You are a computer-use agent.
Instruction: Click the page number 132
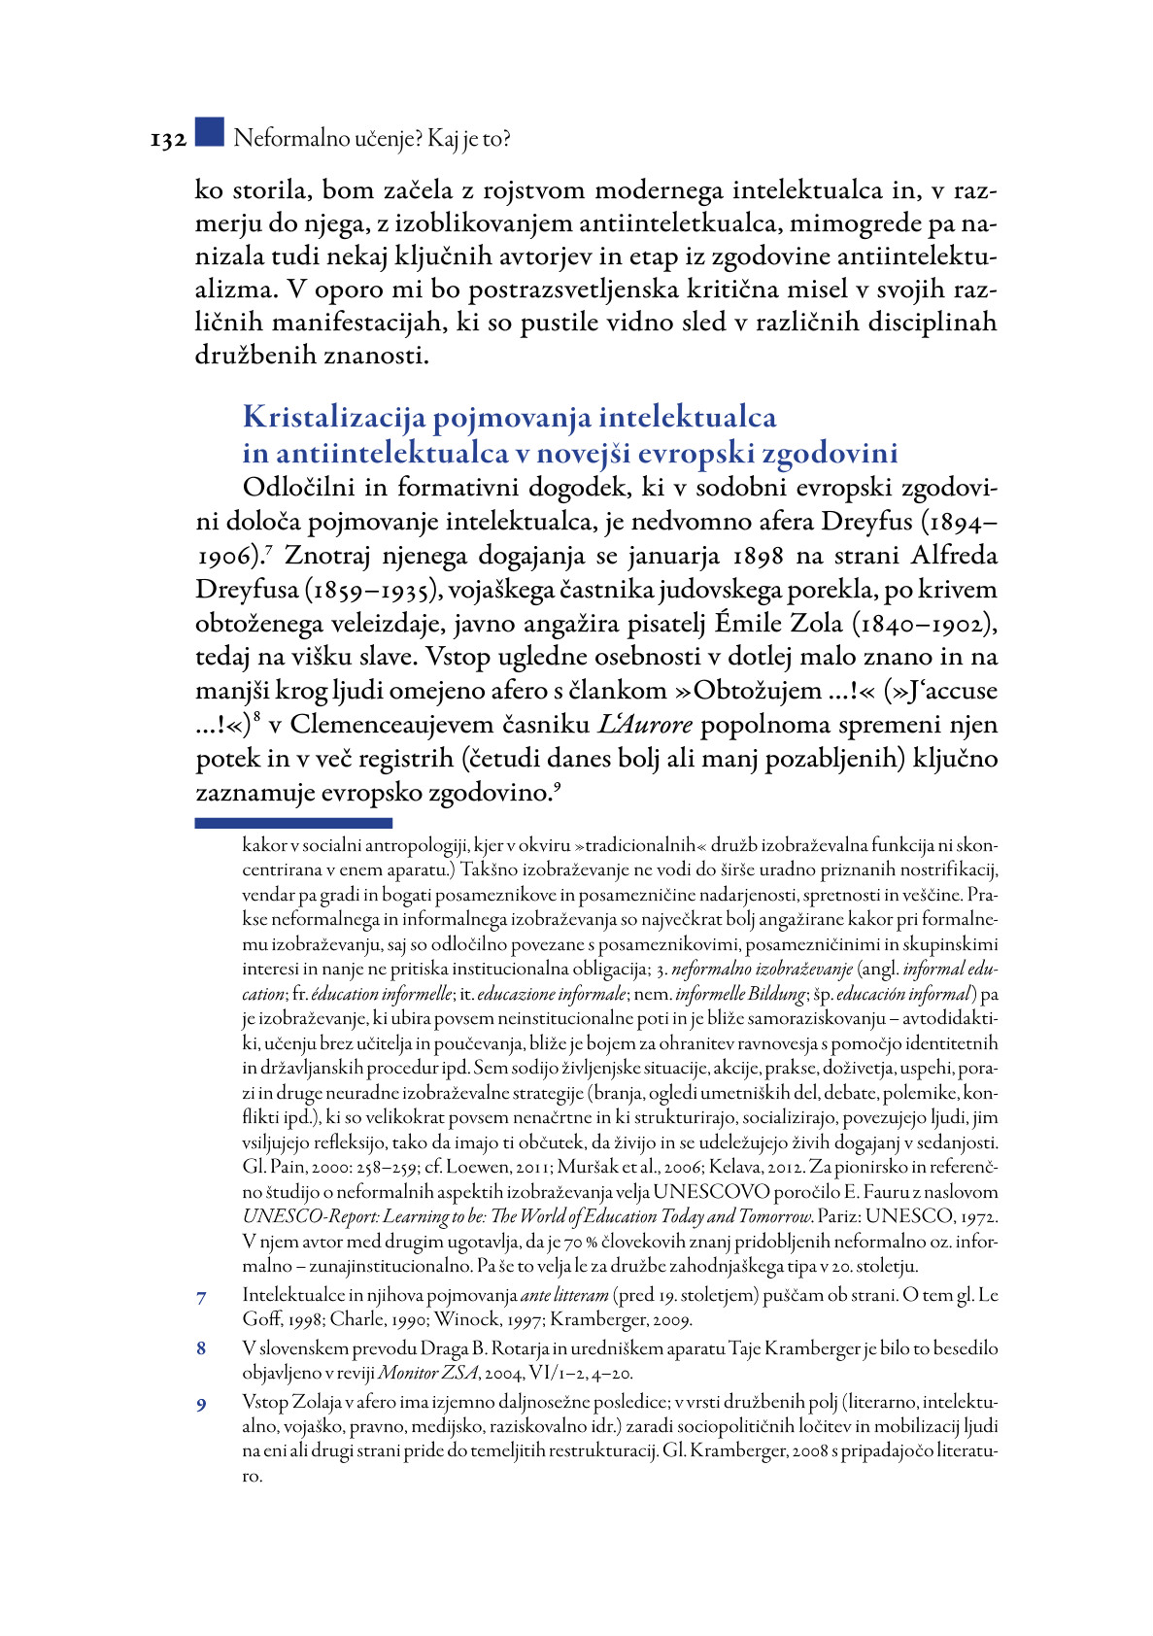168,140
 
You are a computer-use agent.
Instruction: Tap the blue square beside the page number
209,133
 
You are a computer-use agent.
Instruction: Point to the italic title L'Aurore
644,725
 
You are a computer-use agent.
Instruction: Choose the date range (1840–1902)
925,624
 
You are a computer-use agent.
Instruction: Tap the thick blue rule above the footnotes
293,823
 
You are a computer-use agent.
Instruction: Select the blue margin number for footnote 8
201,1349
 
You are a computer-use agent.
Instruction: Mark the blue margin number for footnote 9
201,1405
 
